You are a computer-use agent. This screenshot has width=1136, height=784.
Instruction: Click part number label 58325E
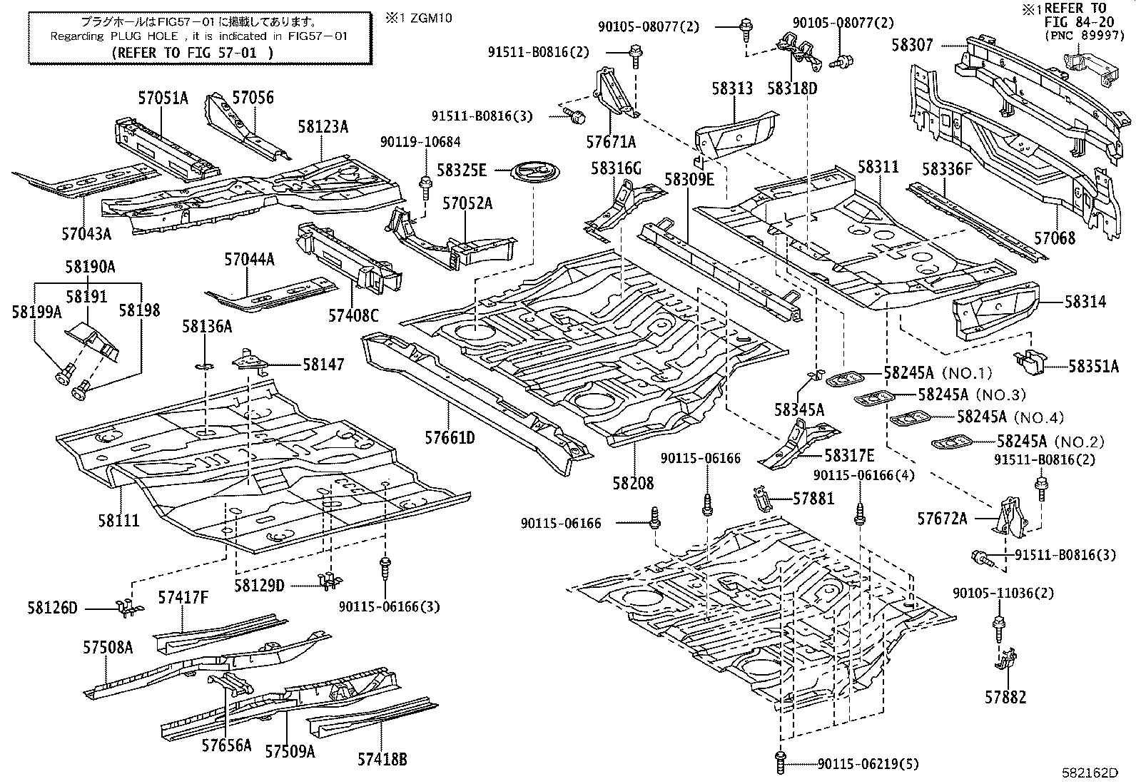[462, 170]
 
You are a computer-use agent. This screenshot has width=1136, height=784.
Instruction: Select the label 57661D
[450, 437]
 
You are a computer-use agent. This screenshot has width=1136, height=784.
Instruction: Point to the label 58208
[632, 483]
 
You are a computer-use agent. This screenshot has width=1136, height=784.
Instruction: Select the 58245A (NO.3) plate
[875, 397]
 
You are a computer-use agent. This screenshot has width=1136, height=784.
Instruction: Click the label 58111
[119, 520]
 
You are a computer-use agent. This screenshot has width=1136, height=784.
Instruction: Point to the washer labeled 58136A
[204, 366]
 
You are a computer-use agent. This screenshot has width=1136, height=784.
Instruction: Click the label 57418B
[382, 759]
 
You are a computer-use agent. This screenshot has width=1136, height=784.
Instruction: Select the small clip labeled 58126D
[127, 608]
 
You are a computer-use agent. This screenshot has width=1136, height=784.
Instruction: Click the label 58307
[911, 45]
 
